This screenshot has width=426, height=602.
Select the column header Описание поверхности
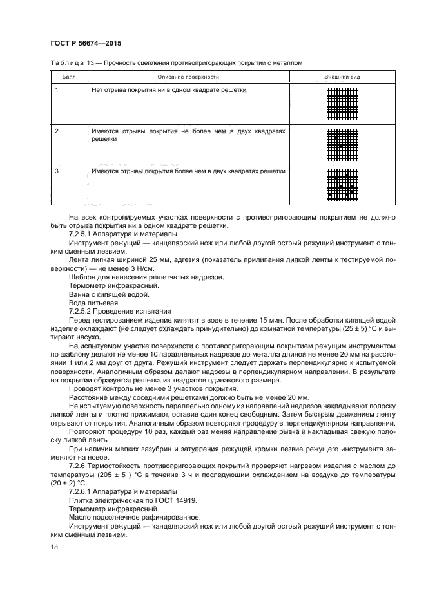(189, 77)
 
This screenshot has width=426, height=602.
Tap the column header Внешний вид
(342, 77)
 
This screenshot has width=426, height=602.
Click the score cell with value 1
(57, 90)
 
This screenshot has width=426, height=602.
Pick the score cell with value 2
(57, 131)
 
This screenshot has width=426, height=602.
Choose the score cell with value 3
(57, 171)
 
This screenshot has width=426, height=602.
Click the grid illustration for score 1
(342, 104)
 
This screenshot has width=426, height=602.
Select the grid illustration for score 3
(342, 185)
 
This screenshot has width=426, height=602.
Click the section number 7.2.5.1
(82, 234)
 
